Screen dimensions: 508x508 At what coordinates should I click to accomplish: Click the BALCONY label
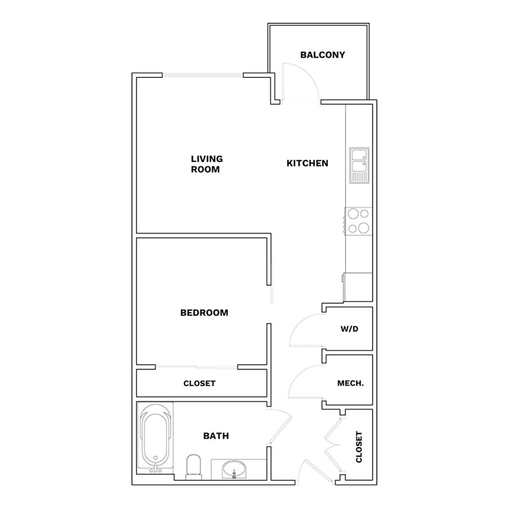322,55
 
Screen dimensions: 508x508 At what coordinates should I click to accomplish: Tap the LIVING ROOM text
207,164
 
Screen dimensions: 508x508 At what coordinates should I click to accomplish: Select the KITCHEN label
307,163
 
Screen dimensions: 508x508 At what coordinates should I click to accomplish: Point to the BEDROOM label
204,313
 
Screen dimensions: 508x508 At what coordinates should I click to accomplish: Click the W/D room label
349,329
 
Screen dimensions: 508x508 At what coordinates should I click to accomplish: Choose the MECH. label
351,383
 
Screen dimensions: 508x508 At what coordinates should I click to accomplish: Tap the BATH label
216,436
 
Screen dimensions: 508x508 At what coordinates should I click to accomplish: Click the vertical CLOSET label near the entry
358,447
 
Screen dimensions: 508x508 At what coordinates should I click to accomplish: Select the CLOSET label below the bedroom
199,383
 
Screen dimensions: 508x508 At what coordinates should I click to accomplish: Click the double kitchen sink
359,165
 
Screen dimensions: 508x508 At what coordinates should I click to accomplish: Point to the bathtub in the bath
155,438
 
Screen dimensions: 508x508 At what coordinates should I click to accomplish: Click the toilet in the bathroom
194,467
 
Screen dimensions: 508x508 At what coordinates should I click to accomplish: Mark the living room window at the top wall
203,75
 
